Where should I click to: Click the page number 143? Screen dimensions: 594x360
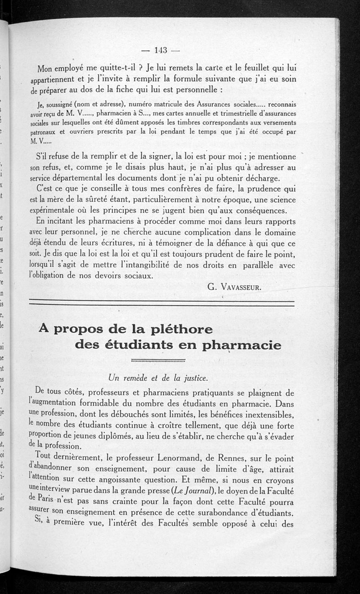161,50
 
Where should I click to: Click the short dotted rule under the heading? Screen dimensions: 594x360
158,360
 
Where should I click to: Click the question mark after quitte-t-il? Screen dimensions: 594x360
141,68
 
